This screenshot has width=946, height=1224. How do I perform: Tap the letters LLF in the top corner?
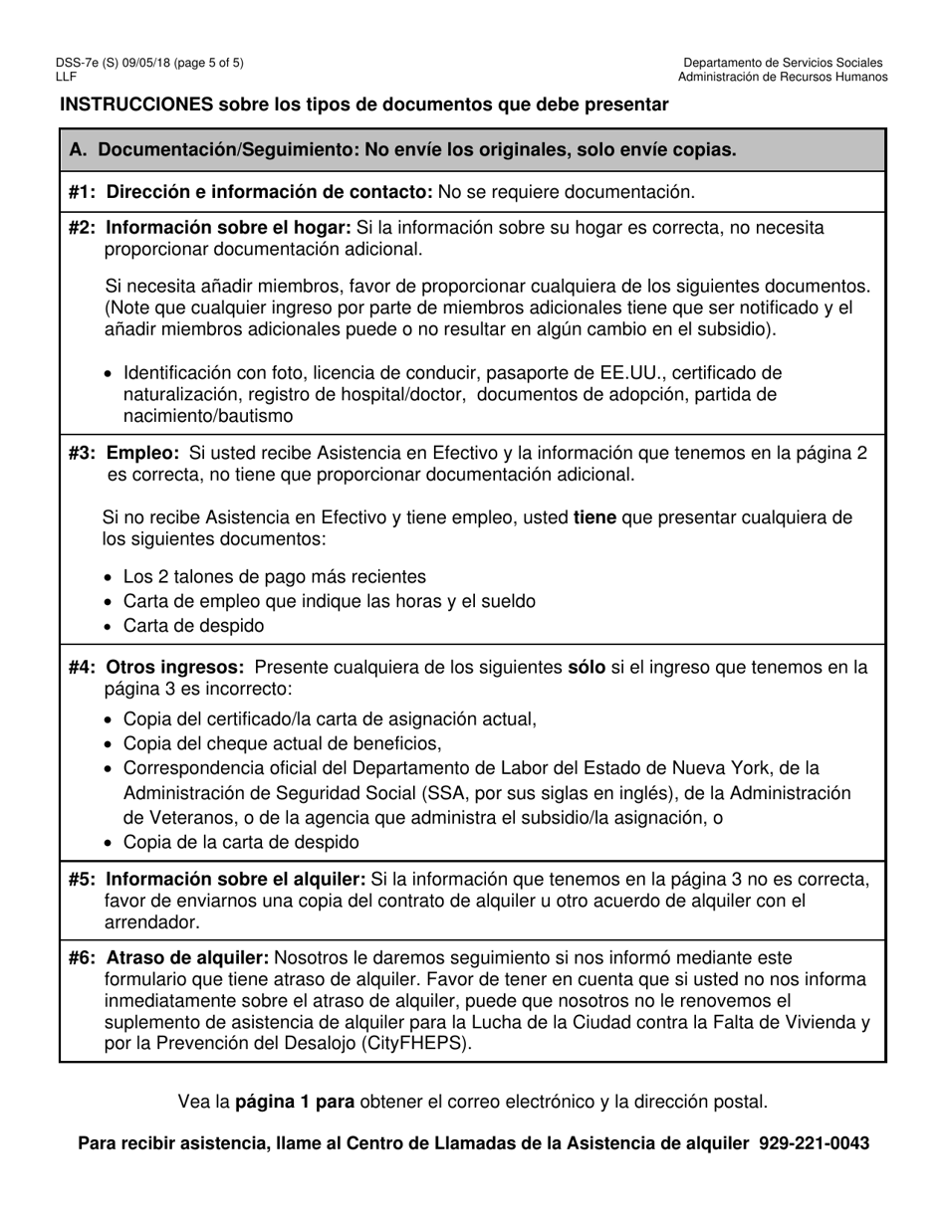(66, 76)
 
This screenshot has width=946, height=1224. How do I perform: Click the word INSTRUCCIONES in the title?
(136, 104)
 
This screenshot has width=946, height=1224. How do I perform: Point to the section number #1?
(83, 192)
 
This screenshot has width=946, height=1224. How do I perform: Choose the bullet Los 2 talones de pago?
(274, 577)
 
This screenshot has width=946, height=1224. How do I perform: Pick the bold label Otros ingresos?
(175, 668)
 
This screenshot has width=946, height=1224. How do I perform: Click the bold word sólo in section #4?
(586, 668)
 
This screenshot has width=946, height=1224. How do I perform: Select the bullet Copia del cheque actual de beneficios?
(282, 743)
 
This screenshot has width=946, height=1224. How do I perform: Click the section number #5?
(83, 880)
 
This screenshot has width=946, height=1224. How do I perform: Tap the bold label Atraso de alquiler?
(187, 958)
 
